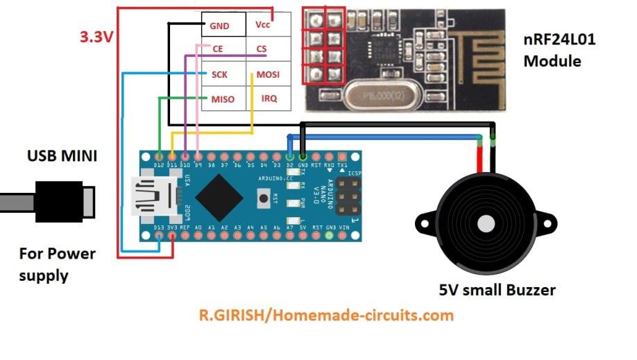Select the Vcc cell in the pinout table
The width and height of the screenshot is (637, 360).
(x=263, y=24)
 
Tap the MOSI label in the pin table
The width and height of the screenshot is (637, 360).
(x=267, y=74)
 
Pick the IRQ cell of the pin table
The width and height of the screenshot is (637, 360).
(x=269, y=98)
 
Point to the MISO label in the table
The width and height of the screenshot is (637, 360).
(x=223, y=99)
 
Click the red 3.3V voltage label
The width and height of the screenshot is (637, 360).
(x=96, y=37)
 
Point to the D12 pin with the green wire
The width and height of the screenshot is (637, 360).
(x=160, y=155)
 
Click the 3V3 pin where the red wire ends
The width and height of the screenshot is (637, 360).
(x=172, y=237)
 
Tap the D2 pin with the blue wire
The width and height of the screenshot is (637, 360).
(x=290, y=155)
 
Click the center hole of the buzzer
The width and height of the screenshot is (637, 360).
(x=484, y=224)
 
